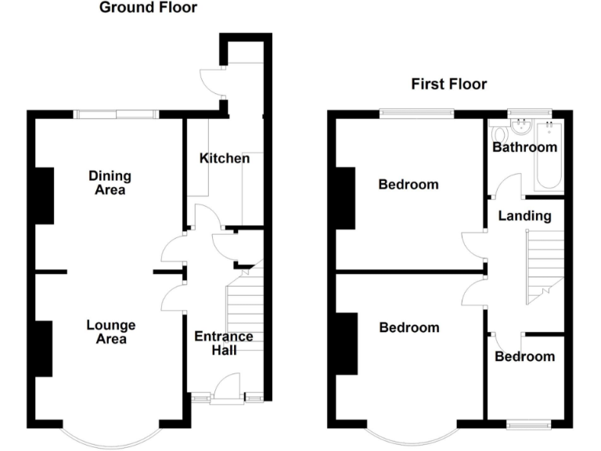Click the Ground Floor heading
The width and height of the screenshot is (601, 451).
[148, 9]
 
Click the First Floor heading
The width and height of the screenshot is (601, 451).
[449, 84]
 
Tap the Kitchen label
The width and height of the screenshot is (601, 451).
[225, 158]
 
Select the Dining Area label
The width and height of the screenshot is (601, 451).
[110, 182]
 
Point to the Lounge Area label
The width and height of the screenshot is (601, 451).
[110, 332]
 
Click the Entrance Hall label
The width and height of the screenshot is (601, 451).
[223, 343]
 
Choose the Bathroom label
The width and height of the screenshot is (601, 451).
[524, 147]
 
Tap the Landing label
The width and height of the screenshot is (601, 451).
[524, 215]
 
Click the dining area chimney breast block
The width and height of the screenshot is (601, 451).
[44, 196]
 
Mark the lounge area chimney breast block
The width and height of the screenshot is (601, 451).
[44, 348]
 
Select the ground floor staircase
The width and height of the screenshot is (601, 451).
[245, 313]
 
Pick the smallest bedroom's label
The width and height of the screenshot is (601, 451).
[524, 356]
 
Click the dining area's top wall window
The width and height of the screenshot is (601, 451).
[117, 115]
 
